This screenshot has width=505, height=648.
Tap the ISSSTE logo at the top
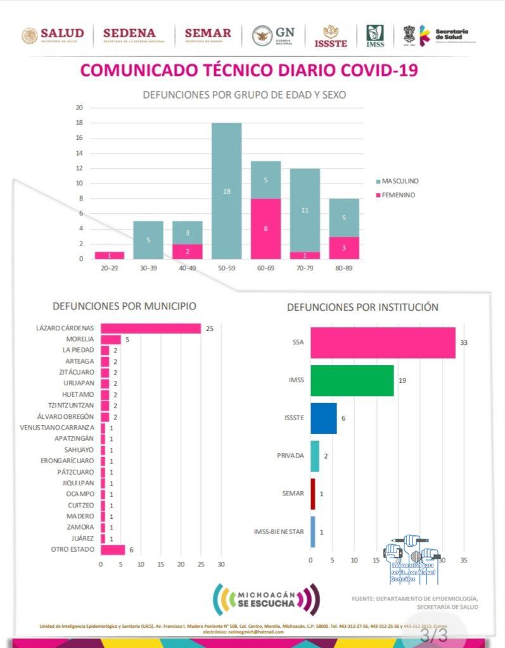coord(331,36)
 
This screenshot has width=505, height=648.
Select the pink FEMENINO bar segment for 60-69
coord(265,228)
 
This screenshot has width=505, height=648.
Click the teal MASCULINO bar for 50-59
coord(226,190)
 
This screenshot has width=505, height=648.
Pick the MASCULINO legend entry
coord(397,181)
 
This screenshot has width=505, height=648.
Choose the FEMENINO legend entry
coord(395,195)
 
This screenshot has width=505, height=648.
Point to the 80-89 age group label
coord(344,268)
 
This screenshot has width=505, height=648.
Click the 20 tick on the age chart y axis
coord(79,108)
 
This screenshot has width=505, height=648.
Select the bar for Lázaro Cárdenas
coord(151,328)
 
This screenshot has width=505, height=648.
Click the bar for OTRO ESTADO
coord(113,549)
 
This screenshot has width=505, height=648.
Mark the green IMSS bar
coord(352,380)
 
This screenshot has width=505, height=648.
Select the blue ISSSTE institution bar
coord(323,418)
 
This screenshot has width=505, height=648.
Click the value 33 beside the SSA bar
coord(463,343)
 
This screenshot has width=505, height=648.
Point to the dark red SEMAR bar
coord(312,494)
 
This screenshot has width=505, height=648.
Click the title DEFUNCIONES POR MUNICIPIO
coord(124,306)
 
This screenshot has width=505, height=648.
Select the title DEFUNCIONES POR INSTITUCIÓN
coord(362,307)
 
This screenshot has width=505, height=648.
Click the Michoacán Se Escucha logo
coord(266,599)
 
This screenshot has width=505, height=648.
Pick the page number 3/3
coord(434,634)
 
